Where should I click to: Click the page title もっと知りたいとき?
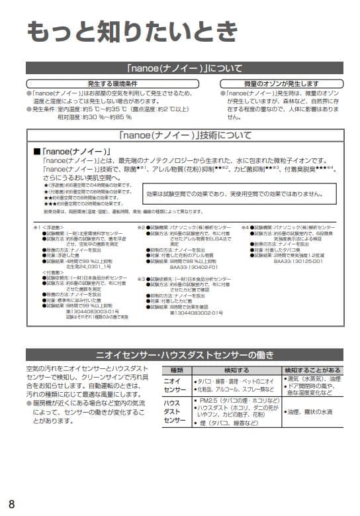[x=132, y=32]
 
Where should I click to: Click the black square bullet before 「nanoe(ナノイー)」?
[x=37, y=152]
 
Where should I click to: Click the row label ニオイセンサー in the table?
[x=175, y=386]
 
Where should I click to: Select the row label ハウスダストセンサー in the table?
[x=175, y=411]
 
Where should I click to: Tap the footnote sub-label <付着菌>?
[x=52, y=273]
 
